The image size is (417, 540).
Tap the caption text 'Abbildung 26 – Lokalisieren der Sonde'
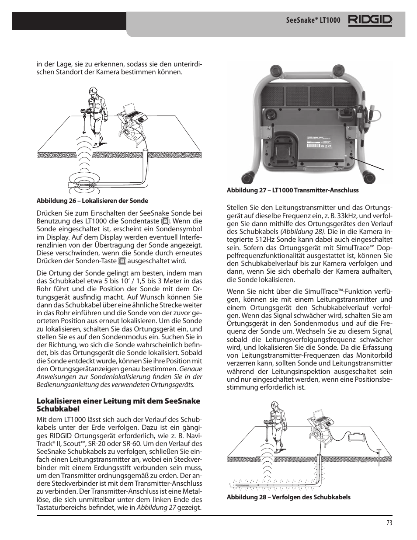pyautogui.click(x=92, y=201)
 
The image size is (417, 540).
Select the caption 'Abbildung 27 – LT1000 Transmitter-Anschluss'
pyautogui.click(x=292, y=190)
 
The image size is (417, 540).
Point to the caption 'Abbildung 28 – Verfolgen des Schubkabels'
pyautogui.click(x=288, y=497)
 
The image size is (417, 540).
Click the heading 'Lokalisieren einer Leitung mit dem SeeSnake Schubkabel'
pyautogui.click(x=118, y=405)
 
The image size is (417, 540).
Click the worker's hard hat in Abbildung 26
pyautogui.click(x=93, y=91)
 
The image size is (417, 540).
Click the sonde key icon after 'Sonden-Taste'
pyautogui.click(x=122, y=261)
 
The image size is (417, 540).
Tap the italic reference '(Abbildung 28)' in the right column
pyautogui.click(x=302, y=231)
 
